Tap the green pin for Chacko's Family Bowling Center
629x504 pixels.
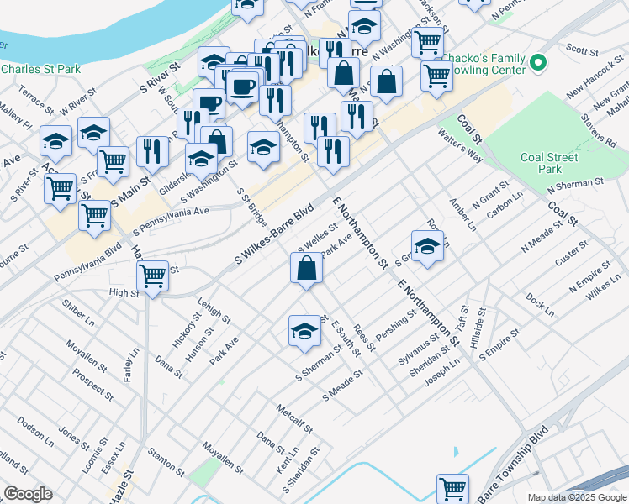click(539, 61)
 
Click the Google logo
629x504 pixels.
click(27, 494)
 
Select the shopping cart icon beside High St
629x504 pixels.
click(152, 276)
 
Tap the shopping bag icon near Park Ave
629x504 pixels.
click(307, 269)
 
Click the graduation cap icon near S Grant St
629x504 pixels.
click(427, 245)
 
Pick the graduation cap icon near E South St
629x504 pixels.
click(304, 330)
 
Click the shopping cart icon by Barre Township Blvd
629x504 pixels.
click(452, 488)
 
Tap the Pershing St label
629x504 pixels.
click(396, 327)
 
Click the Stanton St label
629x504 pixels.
click(166, 459)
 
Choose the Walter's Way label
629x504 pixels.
click(460, 144)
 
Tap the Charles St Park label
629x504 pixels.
click(40, 68)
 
